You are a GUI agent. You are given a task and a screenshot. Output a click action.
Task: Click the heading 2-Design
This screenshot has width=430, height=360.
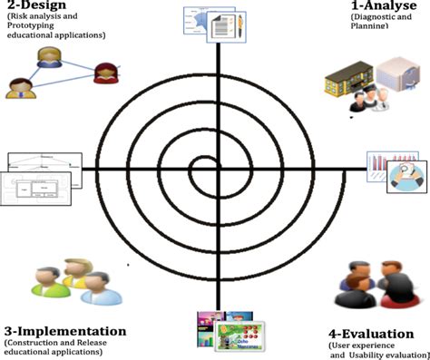(x=34, y=6)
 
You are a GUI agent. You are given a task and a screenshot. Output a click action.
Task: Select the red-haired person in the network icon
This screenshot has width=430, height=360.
(x=104, y=72)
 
